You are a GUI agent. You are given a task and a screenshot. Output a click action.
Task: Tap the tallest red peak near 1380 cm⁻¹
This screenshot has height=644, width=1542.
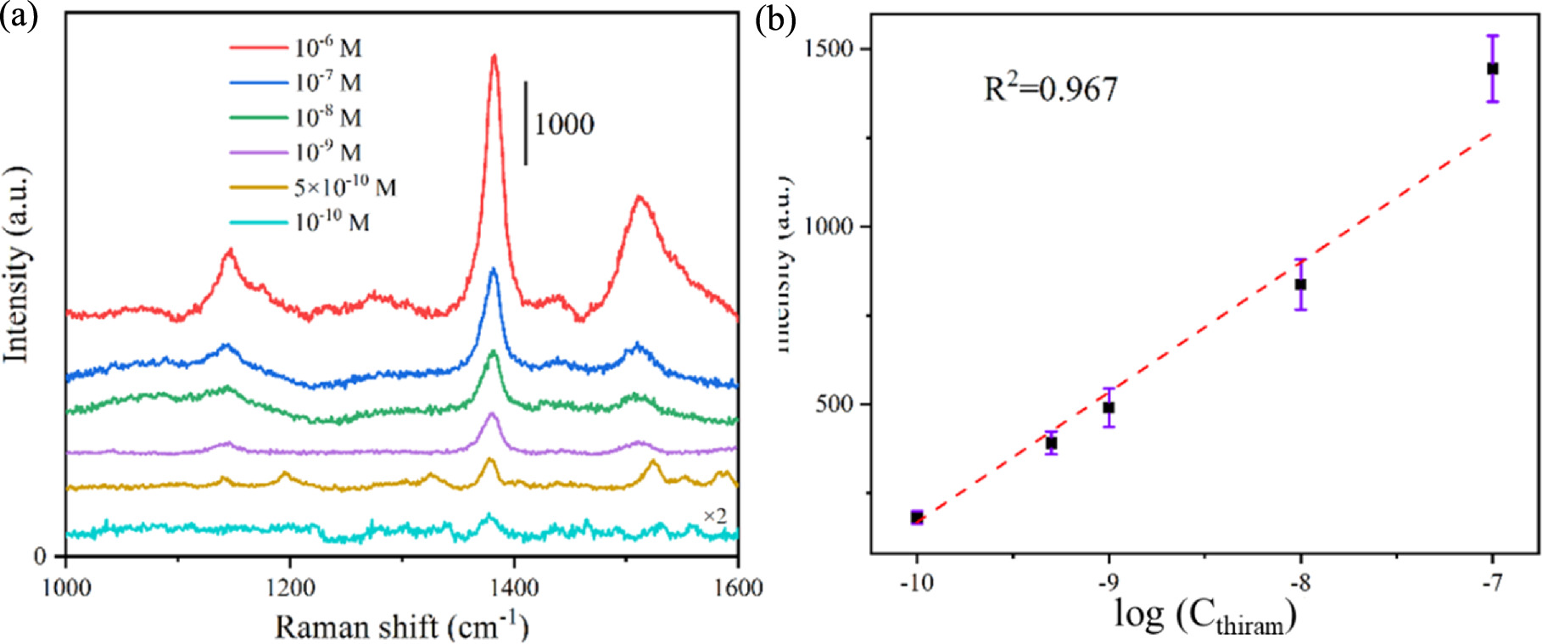pos(494,58)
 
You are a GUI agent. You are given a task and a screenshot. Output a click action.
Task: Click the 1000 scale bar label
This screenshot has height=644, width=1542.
pos(563,125)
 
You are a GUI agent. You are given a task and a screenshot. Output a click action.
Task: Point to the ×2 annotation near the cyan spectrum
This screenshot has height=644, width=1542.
pos(714,517)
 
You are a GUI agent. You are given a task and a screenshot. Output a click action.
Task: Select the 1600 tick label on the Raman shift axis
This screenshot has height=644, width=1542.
pos(738,587)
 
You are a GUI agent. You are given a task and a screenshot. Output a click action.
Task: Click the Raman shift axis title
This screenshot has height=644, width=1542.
pos(401,627)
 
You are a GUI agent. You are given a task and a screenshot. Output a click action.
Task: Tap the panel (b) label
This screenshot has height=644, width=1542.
pos(775,20)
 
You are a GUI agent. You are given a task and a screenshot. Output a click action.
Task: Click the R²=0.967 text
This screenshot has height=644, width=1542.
pos(1050,88)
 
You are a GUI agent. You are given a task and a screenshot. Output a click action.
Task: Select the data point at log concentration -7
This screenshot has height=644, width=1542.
pos(1493,69)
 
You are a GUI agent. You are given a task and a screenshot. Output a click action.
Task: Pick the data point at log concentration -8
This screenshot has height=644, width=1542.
pos(1300,284)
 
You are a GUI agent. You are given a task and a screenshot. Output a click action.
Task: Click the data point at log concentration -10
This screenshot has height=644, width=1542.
pos(917,517)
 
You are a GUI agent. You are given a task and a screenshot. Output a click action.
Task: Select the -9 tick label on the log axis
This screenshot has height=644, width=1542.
pos(1108,584)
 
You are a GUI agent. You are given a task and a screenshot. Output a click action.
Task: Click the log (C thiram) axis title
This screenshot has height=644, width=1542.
pos(1204,618)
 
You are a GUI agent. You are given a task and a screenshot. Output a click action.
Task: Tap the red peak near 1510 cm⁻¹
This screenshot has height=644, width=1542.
pos(640,199)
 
